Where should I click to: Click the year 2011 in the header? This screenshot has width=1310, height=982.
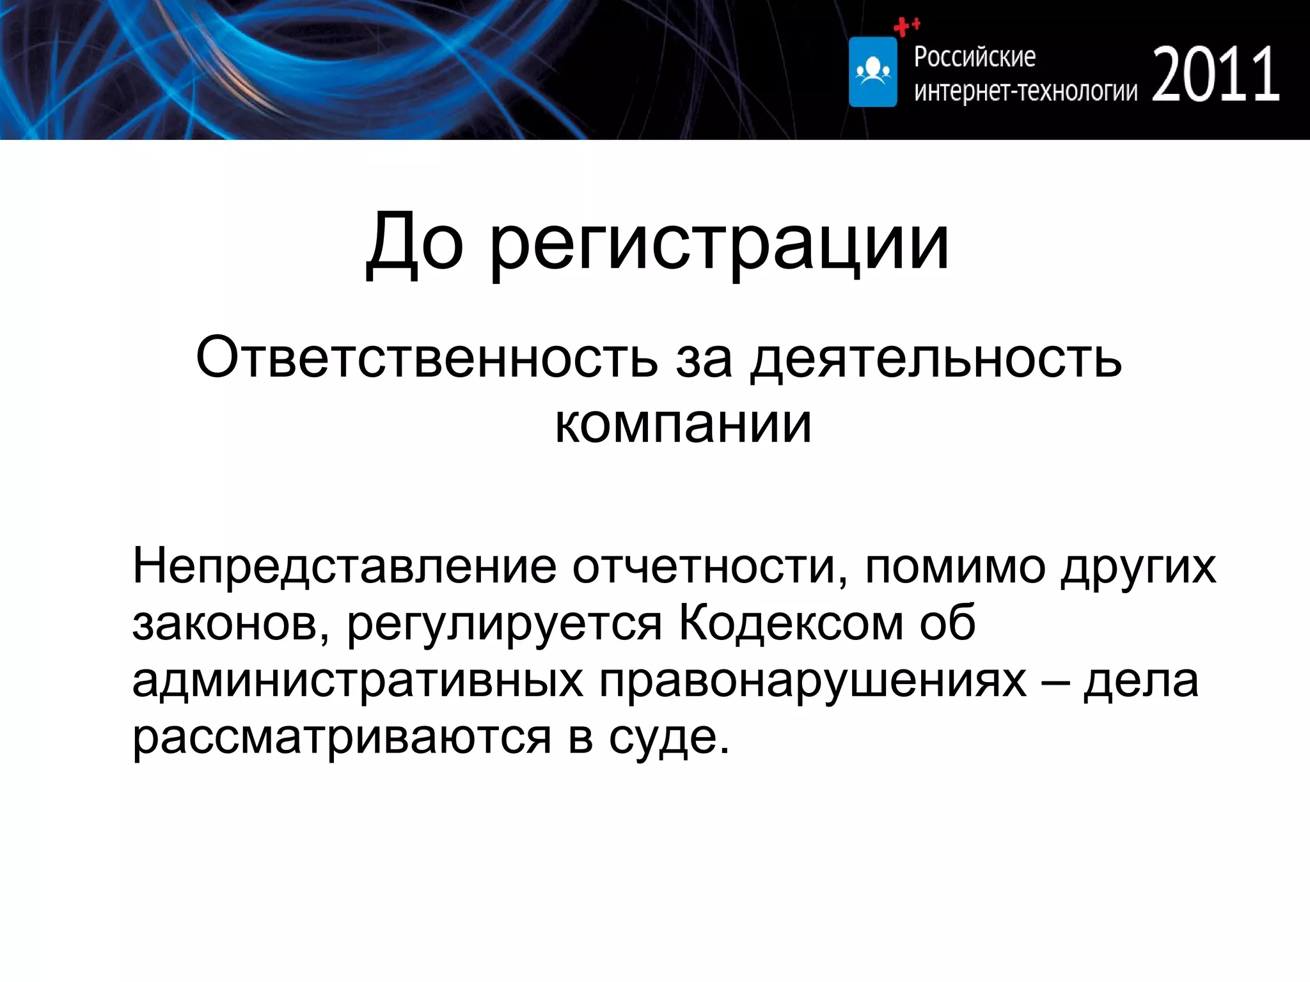point(1215,74)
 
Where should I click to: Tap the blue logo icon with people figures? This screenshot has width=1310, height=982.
point(872,72)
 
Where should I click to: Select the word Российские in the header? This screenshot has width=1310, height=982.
point(974,57)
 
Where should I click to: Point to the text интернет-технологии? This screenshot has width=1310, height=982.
point(1025,91)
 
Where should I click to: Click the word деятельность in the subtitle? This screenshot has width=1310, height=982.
point(936,359)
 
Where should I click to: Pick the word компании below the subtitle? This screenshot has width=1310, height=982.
point(683,425)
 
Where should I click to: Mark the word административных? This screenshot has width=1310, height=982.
point(358,680)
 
